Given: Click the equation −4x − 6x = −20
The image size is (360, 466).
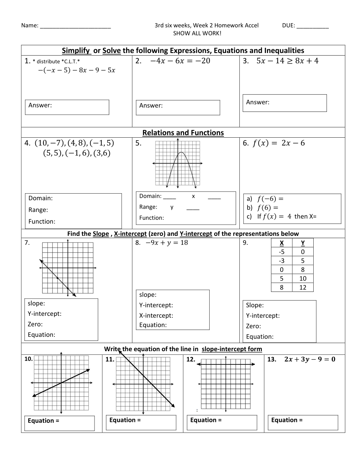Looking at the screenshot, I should click(x=180, y=61).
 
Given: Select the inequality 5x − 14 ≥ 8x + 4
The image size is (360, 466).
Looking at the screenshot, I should click(x=288, y=61).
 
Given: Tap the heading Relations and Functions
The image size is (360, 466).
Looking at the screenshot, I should click(x=183, y=133).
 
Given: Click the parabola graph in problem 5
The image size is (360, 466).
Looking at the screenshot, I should click(x=178, y=164).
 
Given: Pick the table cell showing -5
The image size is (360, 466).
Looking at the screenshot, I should click(x=282, y=252).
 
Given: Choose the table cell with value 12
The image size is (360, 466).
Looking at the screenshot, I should click(x=303, y=287).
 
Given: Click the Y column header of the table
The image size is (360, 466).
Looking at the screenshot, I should click(x=303, y=243).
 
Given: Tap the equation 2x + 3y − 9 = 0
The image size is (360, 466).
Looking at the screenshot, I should click(x=310, y=359).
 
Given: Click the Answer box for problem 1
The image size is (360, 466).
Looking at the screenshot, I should click(x=67, y=107).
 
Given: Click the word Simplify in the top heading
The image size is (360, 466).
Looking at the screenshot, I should click(x=76, y=51).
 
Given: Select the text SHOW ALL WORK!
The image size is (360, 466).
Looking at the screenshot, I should click(x=197, y=33).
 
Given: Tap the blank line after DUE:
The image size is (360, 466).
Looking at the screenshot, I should click(x=313, y=26).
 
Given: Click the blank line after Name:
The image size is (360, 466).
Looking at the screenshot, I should click(x=75, y=26).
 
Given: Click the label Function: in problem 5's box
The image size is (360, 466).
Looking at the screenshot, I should click(x=152, y=218).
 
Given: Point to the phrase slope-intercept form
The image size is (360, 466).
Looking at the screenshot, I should click(x=232, y=349).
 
